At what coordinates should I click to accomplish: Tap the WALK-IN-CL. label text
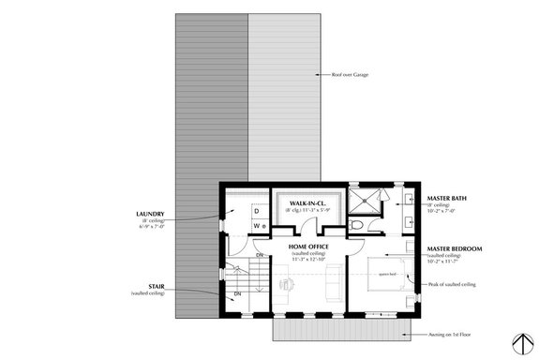click(x=307, y=202)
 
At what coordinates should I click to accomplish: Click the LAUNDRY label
click(x=150, y=214)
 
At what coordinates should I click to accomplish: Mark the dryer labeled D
click(x=256, y=212)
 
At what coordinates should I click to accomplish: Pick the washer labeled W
click(x=257, y=226)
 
